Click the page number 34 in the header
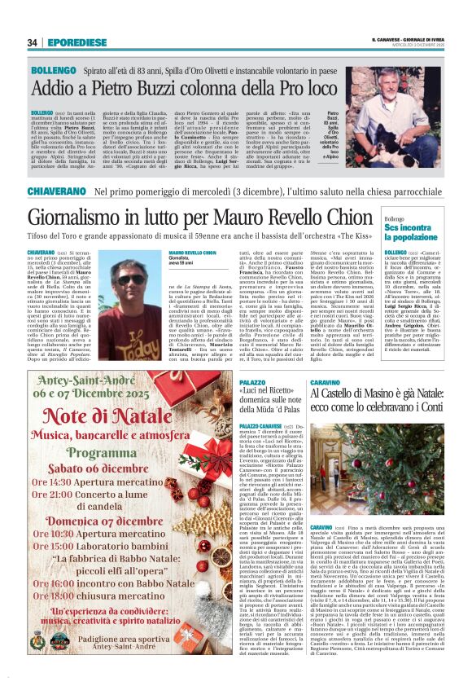click(33, 42)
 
